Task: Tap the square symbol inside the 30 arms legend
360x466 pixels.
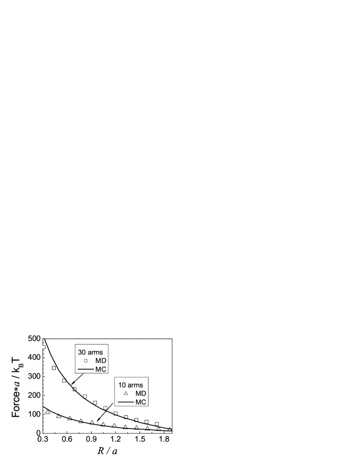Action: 86,361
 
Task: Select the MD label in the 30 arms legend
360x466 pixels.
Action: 101,361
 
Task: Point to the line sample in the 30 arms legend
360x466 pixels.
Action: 86,370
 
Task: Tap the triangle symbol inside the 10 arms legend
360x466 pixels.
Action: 126,393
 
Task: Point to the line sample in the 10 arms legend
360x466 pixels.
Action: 126,402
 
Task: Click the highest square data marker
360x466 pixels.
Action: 44,347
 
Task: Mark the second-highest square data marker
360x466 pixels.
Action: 54,368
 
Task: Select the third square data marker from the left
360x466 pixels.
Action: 64,380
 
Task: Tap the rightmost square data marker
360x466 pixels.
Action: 157,424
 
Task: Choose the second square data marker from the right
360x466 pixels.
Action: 146,422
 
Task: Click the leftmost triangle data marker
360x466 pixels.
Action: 48,412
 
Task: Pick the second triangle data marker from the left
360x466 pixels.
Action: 59,416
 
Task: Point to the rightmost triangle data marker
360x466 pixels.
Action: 170,429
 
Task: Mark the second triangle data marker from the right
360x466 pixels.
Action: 159,429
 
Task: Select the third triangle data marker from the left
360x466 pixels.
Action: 69,418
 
